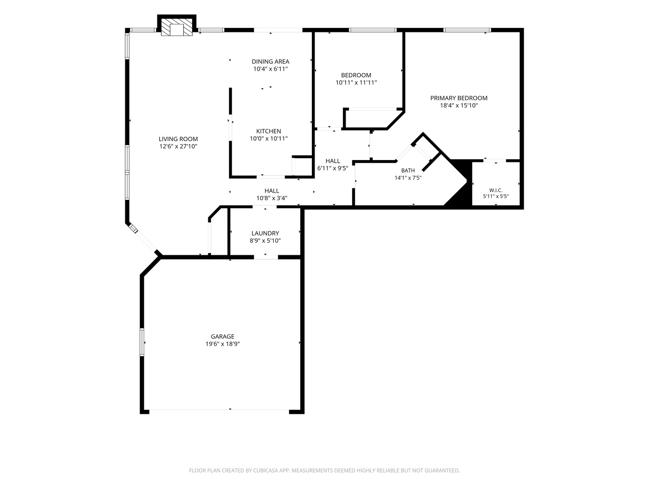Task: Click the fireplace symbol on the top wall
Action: pyautogui.click(x=177, y=28)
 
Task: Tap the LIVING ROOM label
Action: pyautogui.click(x=178, y=139)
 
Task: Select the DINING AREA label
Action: pyautogui.click(x=270, y=61)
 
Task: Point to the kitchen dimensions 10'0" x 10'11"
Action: pyautogui.click(x=269, y=138)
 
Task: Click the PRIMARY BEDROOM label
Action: pyautogui.click(x=459, y=98)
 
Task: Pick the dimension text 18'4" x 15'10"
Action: pyautogui.click(x=459, y=105)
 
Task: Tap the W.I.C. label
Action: pyautogui.click(x=496, y=190)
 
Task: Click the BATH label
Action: pyautogui.click(x=408, y=170)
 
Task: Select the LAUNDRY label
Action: pyautogui.click(x=265, y=233)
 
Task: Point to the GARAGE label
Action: pyautogui.click(x=222, y=336)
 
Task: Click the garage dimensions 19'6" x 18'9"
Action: pyautogui.click(x=222, y=344)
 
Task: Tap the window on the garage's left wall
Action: pyautogui.click(x=142, y=342)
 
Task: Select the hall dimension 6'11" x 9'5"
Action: pyautogui.click(x=333, y=168)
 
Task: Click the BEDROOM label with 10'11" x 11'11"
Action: pyautogui.click(x=356, y=75)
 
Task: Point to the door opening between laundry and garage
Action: pyautogui.click(x=266, y=257)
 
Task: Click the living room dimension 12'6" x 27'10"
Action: pyautogui.click(x=178, y=147)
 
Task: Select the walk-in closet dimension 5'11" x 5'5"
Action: pyautogui.click(x=496, y=196)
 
